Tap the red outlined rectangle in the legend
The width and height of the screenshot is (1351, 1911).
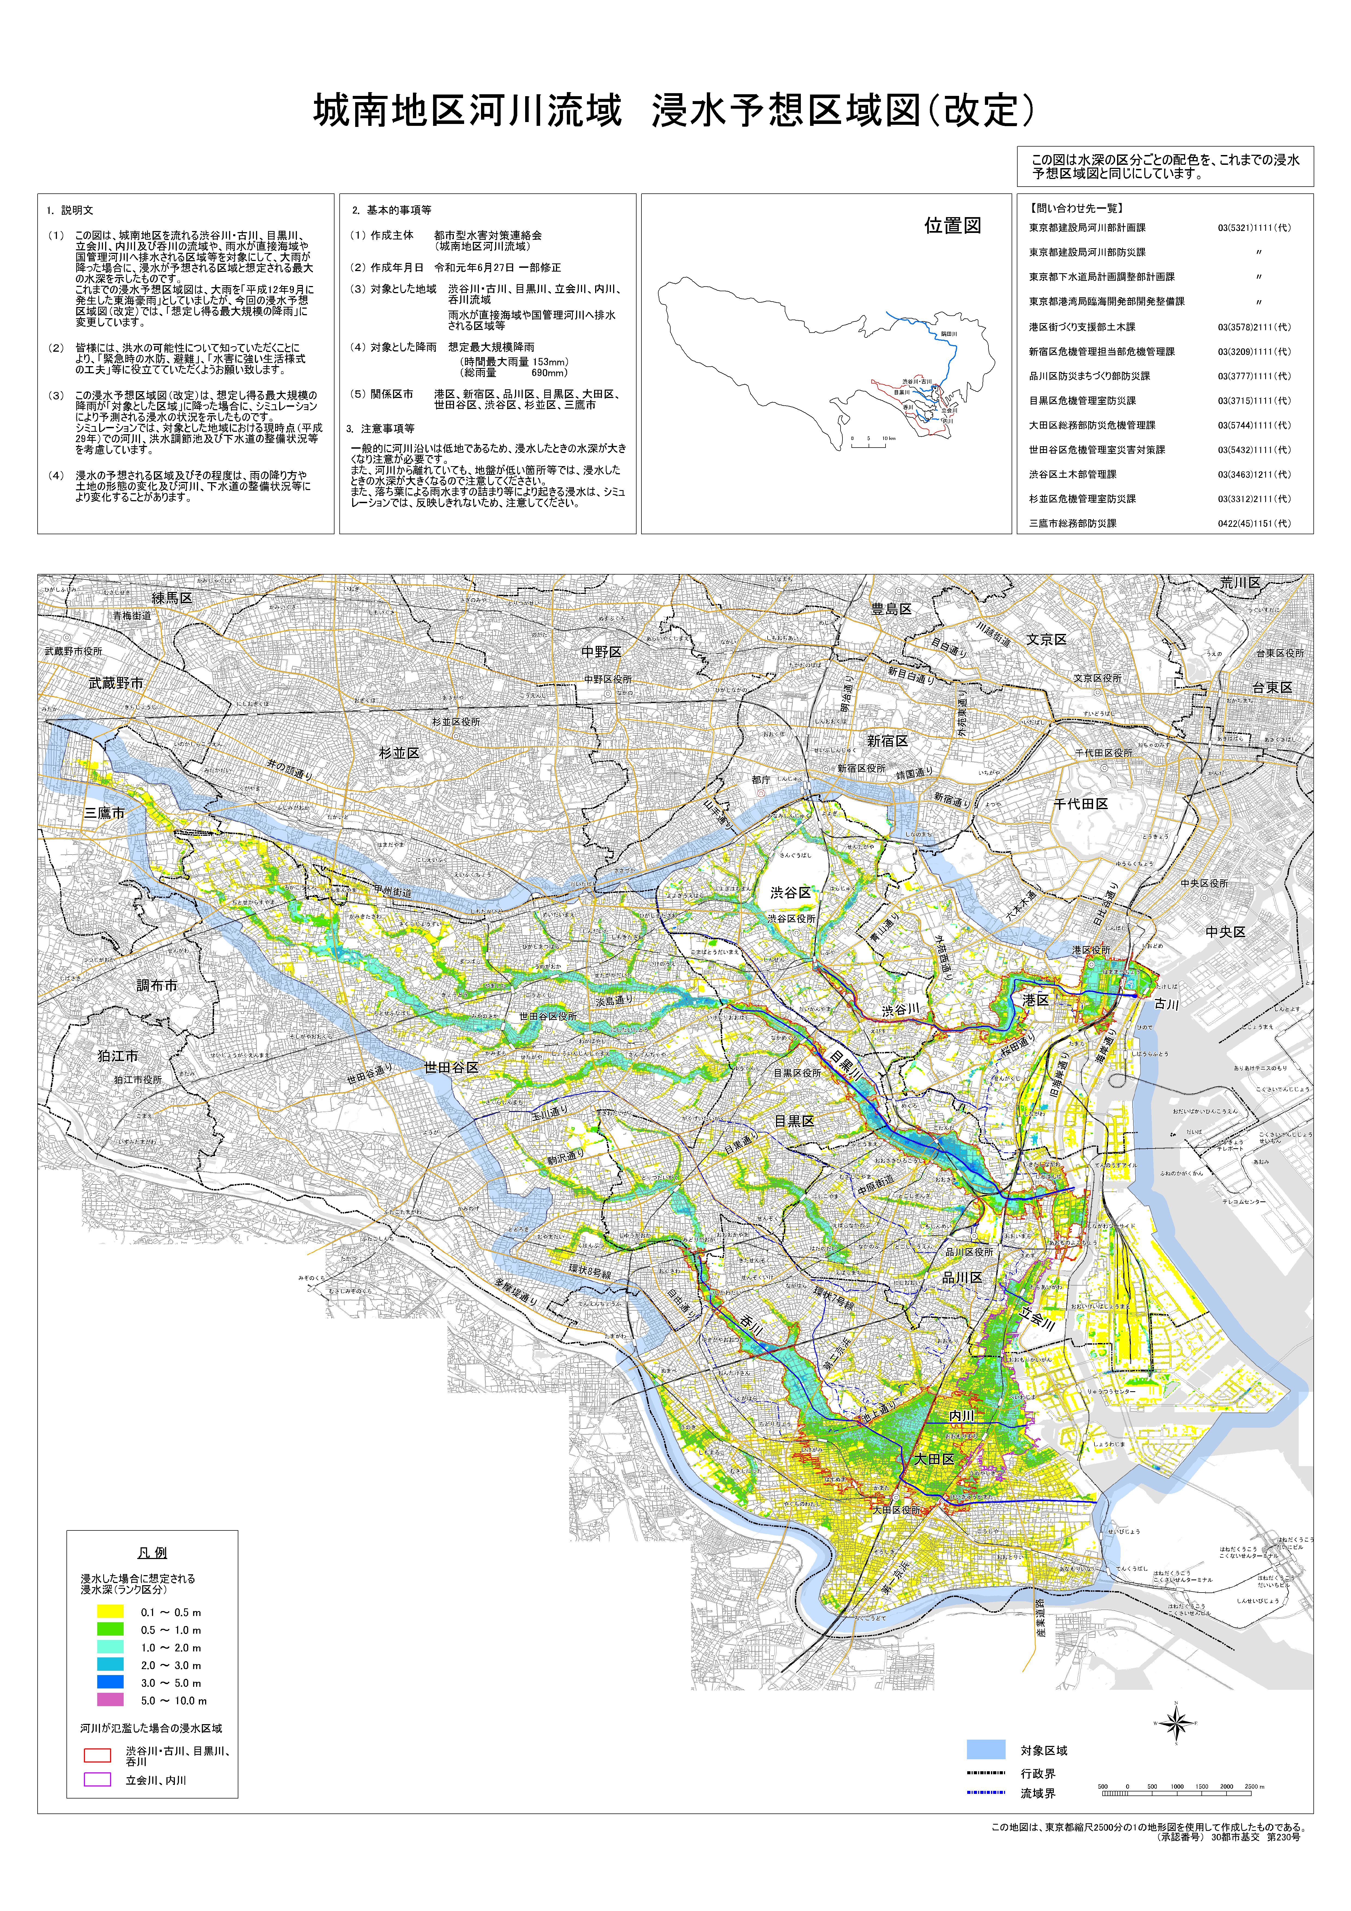(98, 1755)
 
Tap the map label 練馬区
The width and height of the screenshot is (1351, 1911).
(172, 598)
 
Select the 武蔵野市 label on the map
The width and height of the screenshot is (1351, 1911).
(116, 682)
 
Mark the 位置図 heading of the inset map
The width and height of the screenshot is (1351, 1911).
(952, 226)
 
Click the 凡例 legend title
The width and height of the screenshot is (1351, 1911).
(152, 1552)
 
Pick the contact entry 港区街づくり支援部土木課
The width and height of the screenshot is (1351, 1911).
(1081, 327)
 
